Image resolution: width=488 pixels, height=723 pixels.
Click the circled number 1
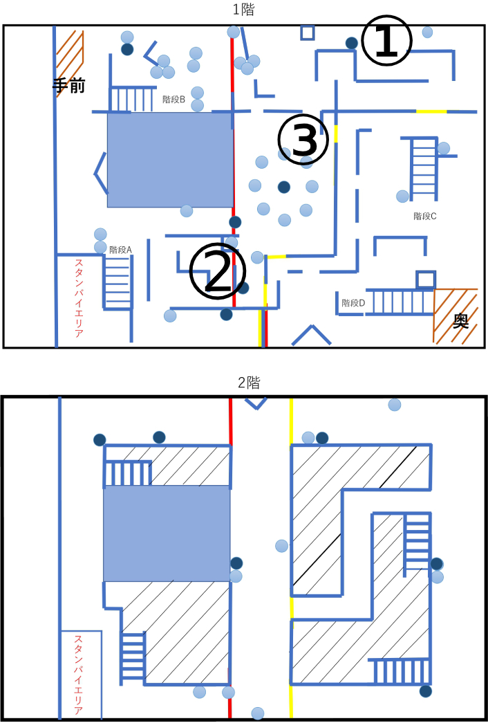[386, 42]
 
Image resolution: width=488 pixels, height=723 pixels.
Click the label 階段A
[121, 250]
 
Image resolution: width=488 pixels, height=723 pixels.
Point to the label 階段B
[173, 99]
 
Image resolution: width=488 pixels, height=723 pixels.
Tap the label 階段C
[425, 216]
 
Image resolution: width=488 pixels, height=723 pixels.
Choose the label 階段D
[353, 303]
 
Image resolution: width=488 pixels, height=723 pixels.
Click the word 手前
[68, 86]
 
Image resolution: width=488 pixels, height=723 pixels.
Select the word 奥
[460, 322]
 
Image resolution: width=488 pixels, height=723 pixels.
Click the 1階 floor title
[243, 10]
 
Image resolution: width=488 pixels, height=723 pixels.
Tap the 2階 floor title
[249, 382]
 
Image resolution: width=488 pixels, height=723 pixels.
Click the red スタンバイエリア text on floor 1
[79, 298]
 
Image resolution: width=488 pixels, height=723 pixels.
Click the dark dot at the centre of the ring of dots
[284, 187]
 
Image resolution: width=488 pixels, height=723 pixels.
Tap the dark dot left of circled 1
[352, 43]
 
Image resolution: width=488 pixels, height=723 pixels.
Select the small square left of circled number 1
[308, 33]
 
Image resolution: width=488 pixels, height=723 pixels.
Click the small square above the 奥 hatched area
[426, 280]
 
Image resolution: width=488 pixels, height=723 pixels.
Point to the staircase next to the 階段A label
[118, 282]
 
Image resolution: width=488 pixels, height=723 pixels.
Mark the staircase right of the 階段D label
[400, 302]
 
